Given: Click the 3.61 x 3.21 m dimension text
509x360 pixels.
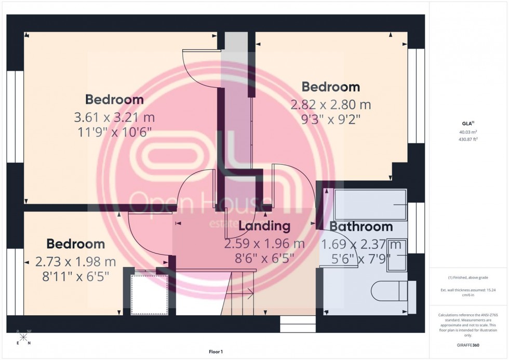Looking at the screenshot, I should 114,117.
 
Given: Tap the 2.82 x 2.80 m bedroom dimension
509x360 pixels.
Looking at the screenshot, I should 331,104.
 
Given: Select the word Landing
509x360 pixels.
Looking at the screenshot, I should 264,226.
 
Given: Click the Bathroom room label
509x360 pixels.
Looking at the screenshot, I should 361,226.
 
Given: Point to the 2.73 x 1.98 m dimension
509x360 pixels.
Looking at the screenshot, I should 76,261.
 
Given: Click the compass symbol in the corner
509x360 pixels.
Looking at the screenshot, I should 24,338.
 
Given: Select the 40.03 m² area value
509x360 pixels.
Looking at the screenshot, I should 469,132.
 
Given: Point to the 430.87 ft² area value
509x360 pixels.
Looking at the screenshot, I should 469,139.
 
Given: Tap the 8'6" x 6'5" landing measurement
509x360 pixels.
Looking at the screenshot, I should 264,256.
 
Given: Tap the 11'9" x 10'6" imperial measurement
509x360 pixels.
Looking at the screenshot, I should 114,131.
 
